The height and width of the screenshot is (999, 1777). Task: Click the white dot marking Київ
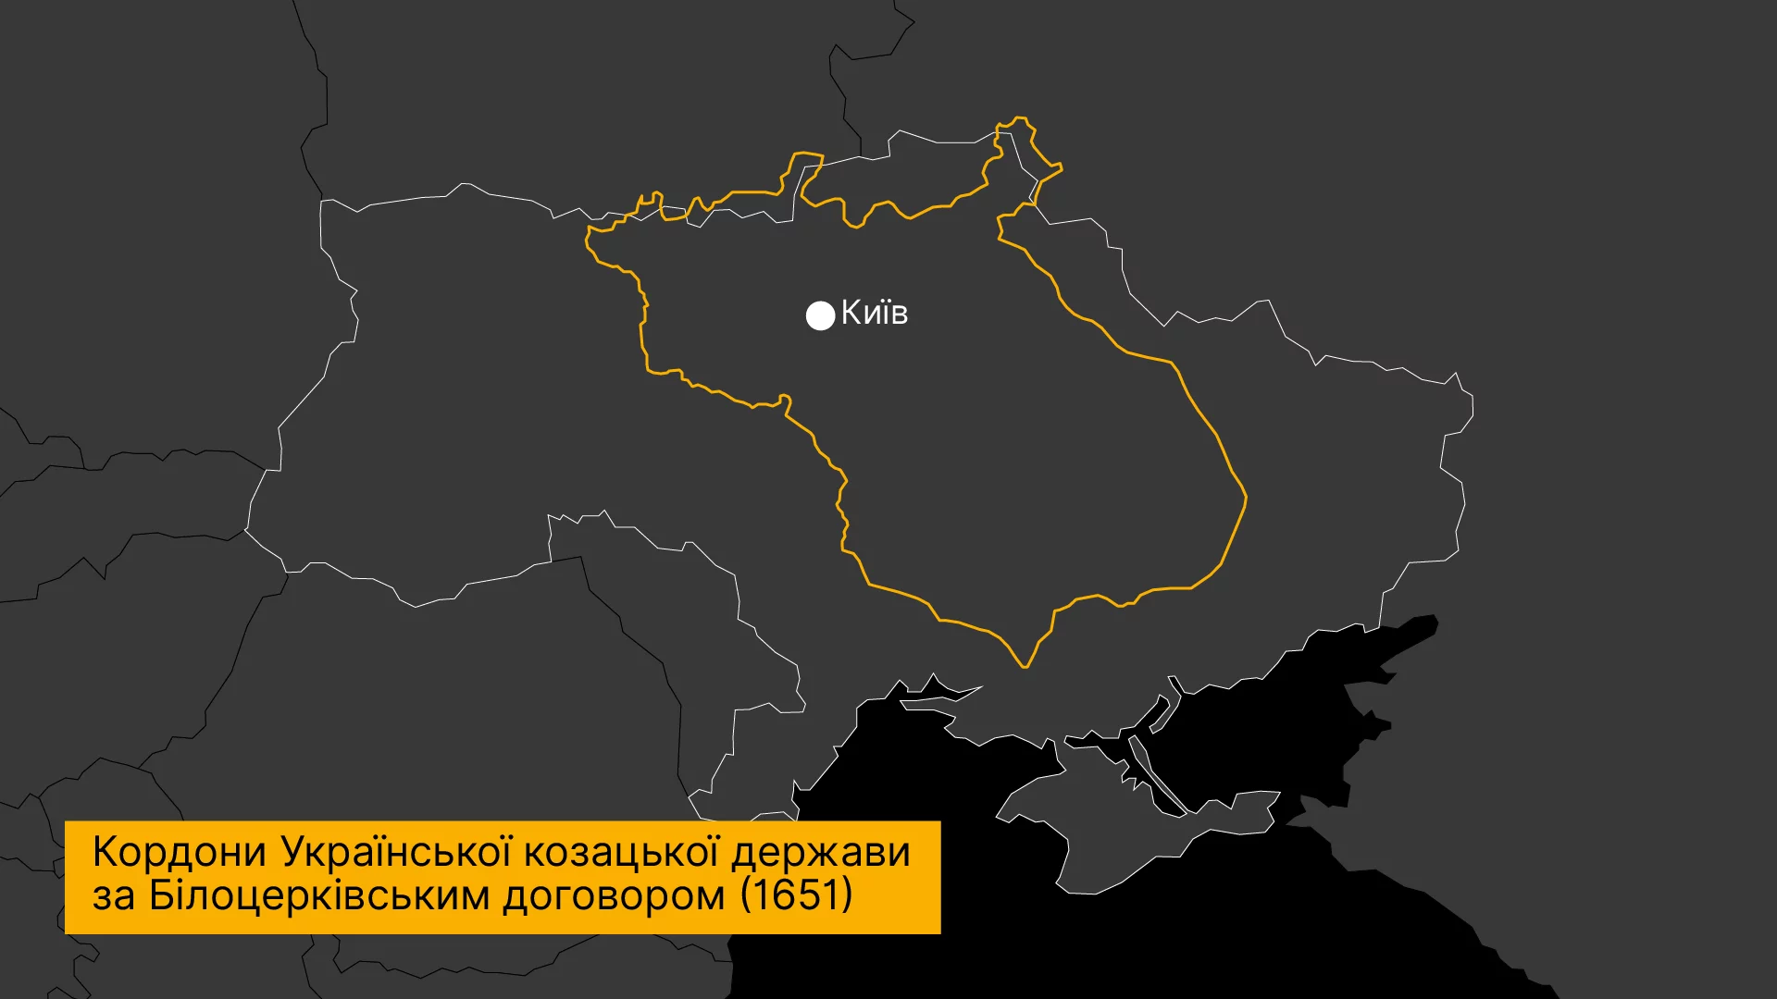pos(820,315)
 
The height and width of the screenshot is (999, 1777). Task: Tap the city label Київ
pos(875,313)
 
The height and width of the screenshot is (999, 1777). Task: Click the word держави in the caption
pos(821,852)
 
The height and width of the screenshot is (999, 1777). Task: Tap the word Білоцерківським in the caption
pos(319,894)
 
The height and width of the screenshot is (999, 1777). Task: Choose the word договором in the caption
pos(614,894)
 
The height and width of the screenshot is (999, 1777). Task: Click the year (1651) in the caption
pos(796,894)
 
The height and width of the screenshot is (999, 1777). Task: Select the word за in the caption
pos(113,895)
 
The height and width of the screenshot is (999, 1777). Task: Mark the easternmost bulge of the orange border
pos(1245,498)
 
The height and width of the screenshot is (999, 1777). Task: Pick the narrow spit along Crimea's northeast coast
pos(1157,777)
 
